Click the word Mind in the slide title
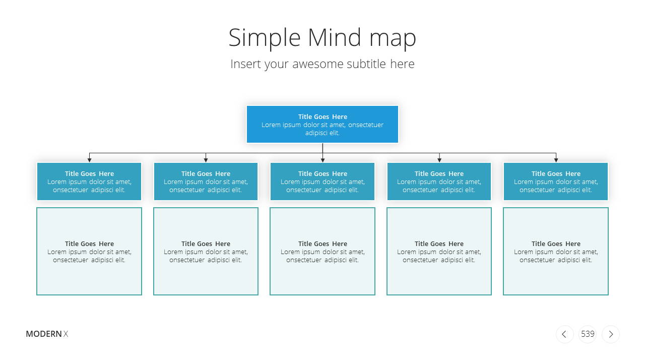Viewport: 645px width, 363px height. click(x=334, y=37)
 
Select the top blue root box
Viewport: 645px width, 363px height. click(x=322, y=124)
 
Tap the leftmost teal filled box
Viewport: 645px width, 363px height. click(x=89, y=181)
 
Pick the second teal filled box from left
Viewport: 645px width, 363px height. click(x=206, y=181)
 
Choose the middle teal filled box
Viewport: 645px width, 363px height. click(x=322, y=181)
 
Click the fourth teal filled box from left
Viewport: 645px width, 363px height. click(x=439, y=181)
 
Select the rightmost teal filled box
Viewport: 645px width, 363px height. click(x=556, y=181)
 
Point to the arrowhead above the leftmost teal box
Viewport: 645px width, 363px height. click(x=90, y=160)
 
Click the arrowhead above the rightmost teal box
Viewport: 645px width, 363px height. click(x=556, y=160)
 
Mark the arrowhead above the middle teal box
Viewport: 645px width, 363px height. click(x=323, y=160)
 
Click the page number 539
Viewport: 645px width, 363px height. click(x=588, y=334)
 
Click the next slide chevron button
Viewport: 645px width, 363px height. click(x=611, y=334)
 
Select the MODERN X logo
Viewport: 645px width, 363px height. click(x=47, y=334)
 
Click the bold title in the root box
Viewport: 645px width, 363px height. click(x=322, y=116)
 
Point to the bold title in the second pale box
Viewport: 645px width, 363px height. click(x=206, y=244)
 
